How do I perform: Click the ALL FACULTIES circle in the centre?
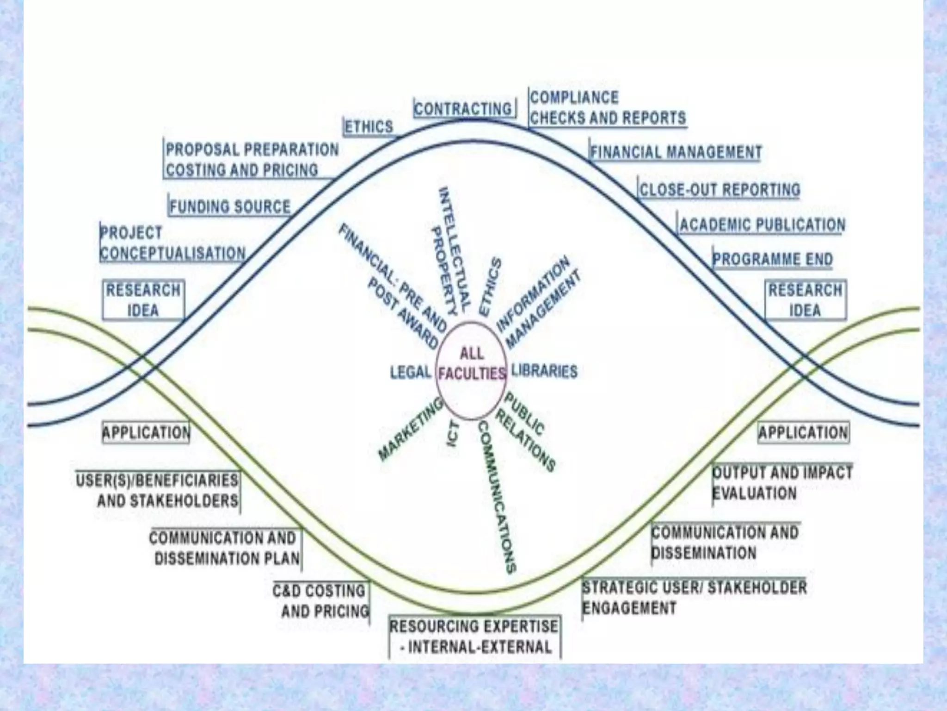471,371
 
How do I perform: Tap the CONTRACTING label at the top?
464,109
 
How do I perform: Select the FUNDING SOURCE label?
230,206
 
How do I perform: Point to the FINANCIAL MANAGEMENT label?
676,152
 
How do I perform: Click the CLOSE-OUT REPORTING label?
719,190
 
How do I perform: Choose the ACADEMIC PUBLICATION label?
762,225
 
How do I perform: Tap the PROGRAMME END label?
772,259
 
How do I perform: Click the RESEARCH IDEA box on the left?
143,300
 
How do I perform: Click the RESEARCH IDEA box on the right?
805,300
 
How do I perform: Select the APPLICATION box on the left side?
146,433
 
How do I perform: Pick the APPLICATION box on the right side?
803,433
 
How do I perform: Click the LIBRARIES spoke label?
544,371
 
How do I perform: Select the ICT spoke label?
453,434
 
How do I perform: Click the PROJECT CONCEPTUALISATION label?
172,243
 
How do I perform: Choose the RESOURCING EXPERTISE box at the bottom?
474,636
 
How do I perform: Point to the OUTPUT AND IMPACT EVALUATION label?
781,483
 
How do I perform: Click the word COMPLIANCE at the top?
574,98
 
